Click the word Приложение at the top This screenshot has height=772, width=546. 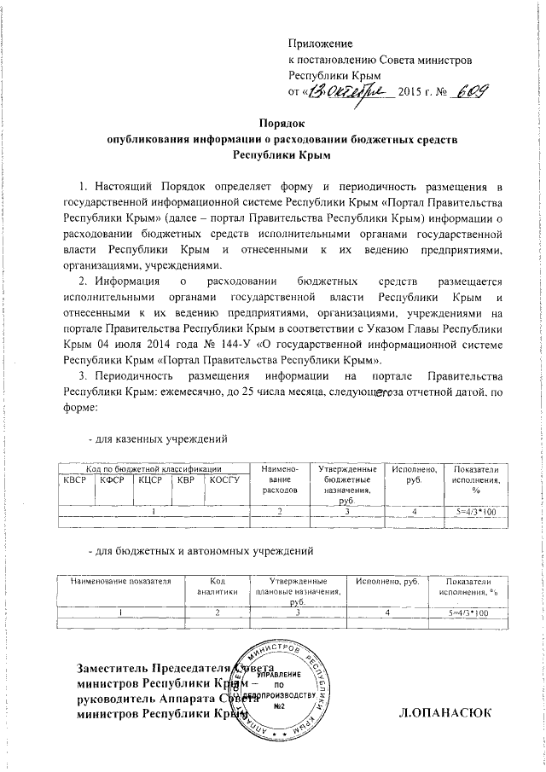321,43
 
